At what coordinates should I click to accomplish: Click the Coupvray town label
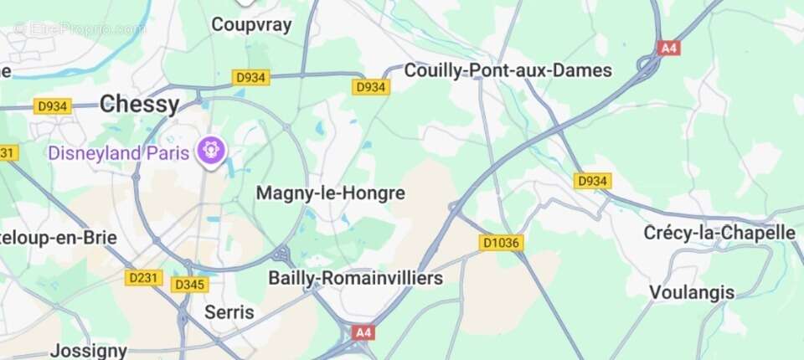(251, 24)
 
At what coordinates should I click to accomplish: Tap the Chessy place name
(139, 104)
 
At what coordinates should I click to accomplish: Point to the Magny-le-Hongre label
(330, 193)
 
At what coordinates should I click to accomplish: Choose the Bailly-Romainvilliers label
(355, 278)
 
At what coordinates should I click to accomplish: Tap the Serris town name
(229, 312)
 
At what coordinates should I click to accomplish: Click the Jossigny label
(88, 350)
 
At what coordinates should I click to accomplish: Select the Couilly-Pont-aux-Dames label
(508, 71)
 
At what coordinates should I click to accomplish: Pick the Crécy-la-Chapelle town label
(719, 232)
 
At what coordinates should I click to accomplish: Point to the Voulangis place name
(692, 293)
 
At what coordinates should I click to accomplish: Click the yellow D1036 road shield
(502, 243)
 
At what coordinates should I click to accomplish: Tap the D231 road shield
(144, 277)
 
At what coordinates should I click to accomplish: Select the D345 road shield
(189, 285)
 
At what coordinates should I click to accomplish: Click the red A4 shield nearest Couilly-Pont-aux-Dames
(667, 48)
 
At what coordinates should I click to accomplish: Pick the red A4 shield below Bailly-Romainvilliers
(363, 332)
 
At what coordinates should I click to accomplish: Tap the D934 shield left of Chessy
(53, 106)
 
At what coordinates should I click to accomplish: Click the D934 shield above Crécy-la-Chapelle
(593, 181)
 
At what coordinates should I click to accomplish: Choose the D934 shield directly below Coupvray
(250, 77)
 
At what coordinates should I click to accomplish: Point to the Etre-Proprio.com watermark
(80, 28)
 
